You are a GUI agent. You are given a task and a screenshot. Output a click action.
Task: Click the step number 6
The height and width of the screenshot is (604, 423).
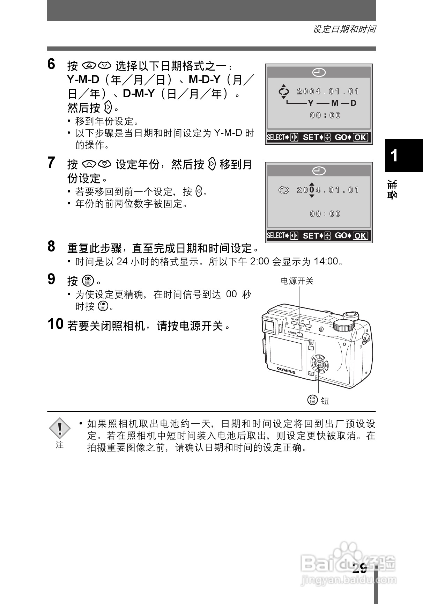(51, 65)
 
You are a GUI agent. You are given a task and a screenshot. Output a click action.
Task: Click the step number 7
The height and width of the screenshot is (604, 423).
(51, 163)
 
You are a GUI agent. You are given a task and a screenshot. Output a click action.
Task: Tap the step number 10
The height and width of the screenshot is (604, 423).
(55, 325)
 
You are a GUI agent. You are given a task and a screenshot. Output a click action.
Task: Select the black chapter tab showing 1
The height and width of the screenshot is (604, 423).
(403, 155)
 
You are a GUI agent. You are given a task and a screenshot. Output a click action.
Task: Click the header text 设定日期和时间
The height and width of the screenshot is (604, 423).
(344, 29)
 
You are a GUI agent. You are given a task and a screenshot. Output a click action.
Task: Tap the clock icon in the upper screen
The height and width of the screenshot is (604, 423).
(319, 73)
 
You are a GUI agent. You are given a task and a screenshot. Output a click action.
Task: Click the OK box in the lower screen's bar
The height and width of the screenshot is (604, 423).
(360, 236)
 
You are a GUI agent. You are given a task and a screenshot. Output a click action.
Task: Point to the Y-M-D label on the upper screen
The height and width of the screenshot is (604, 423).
(332, 103)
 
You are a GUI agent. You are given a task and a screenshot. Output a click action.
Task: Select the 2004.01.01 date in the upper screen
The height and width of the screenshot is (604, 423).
(328, 92)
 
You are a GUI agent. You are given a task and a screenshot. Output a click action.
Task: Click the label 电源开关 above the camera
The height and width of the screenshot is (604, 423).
(297, 281)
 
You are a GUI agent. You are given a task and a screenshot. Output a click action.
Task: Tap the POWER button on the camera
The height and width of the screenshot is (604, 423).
(299, 334)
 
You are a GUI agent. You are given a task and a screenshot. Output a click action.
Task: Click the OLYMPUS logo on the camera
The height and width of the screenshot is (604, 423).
(286, 370)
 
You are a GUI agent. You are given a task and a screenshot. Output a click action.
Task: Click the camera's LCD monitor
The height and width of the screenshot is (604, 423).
(286, 353)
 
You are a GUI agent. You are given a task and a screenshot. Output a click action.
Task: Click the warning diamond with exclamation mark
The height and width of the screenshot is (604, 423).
(60, 428)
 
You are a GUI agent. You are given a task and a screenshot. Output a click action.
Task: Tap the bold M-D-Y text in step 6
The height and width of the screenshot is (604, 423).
(204, 80)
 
